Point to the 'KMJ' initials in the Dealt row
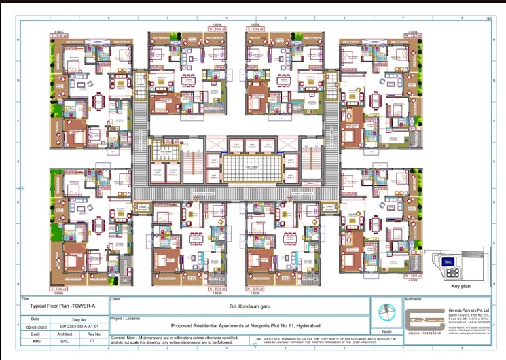coord(35,342)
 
